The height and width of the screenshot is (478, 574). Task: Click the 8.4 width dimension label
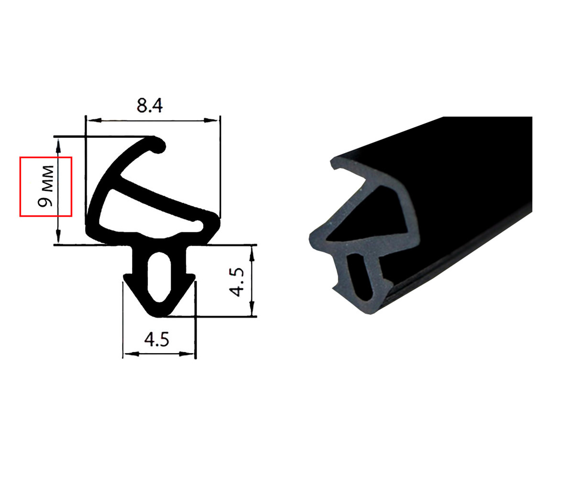[150, 106]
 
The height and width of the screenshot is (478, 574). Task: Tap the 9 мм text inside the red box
[45, 186]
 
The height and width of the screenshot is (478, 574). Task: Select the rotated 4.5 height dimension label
[236, 282]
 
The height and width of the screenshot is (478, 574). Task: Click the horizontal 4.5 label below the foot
[157, 339]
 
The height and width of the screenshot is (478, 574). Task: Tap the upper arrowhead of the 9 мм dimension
[58, 146]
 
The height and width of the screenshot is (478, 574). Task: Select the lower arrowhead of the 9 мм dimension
[58, 236]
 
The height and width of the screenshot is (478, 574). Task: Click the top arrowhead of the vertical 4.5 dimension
[252, 253]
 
